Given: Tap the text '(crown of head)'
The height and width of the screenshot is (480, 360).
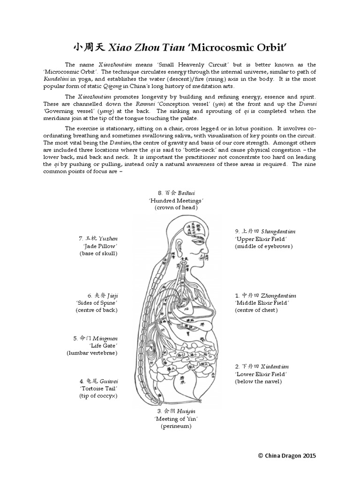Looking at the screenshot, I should [x=176, y=207].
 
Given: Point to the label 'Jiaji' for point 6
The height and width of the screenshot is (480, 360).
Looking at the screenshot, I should [x=112, y=296].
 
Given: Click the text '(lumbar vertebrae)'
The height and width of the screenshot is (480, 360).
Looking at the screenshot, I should [x=92, y=352].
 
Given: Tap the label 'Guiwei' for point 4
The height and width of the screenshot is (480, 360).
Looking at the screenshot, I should [x=107, y=382].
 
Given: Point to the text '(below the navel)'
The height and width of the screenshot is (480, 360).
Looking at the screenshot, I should [x=258, y=382].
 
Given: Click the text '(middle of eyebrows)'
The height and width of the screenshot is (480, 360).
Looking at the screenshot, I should [x=263, y=246].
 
